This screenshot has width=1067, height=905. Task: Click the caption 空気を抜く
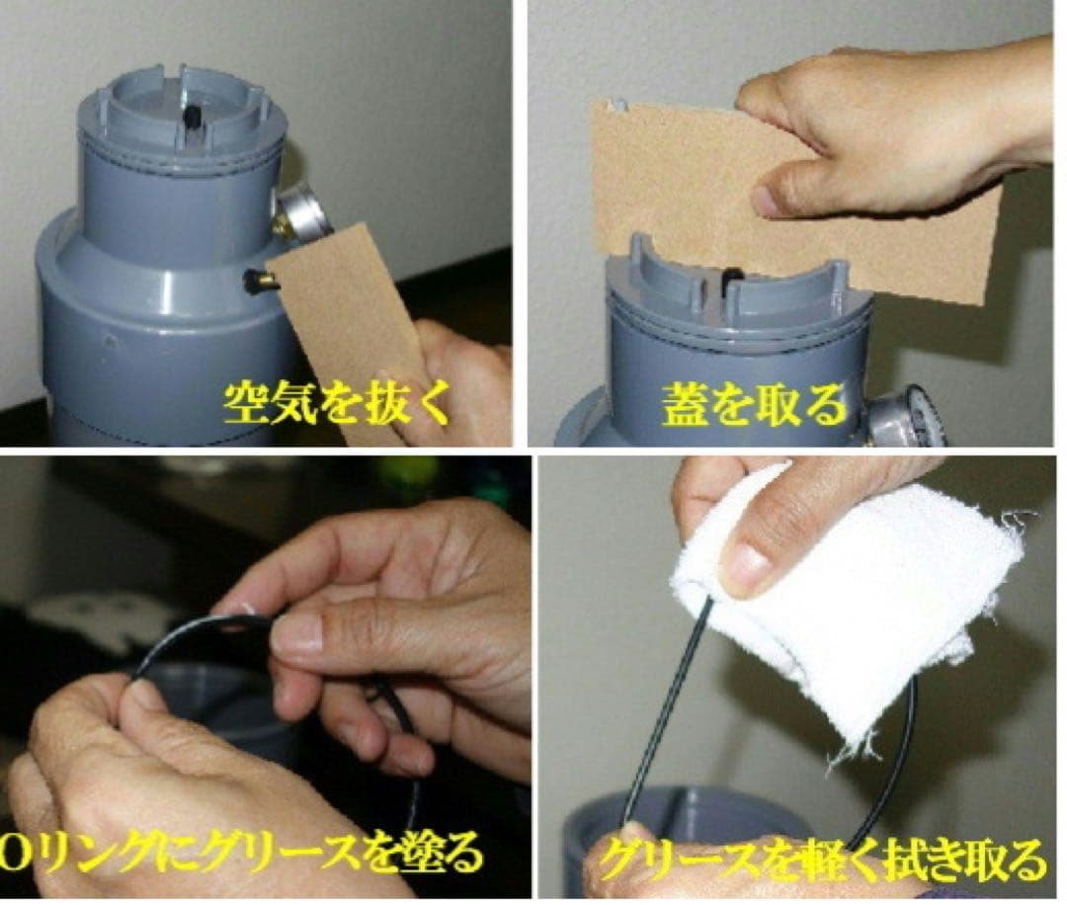tap(336, 404)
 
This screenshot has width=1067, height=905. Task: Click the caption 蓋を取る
tap(754, 404)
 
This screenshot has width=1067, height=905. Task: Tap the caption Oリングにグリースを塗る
tap(242, 852)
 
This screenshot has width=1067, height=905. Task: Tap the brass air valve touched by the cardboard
tap(259, 282)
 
